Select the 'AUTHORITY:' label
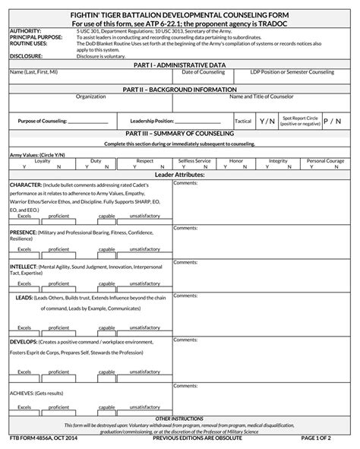pyautogui.click(x=25, y=31)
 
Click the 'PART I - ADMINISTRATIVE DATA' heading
pyautogui.click(x=179, y=65)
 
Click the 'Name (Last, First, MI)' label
pyautogui.click(x=33, y=72)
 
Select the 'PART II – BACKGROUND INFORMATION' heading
pyautogui.click(x=179, y=89)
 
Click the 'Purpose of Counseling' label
pyautogui.click(x=43, y=121)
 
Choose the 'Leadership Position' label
pyautogui.click(x=153, y=121)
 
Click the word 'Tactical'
pyautogui.click(x=243, y=121)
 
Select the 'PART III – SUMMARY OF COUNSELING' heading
pyautogui.click(x=179, y=134)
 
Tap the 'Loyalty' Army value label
pyautogui.click(x=43, y=161)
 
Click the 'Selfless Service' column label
pyautogui.click(x=195, y=161)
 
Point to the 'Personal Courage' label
pyautogui.click(x=326, y=161)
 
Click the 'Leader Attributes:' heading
pyautogui.click(x=179, y=174)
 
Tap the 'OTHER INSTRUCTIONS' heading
pyautogui.click(x=179, y=418)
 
